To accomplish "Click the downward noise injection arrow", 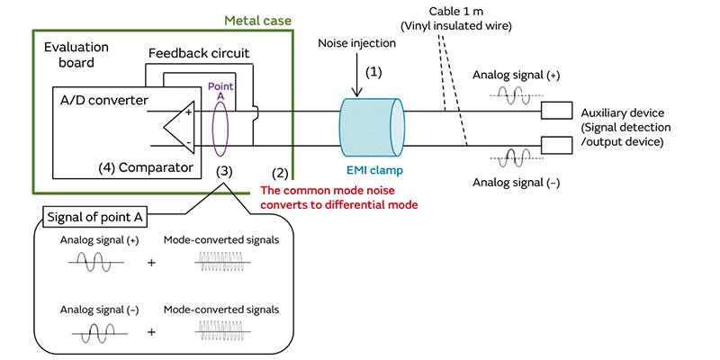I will pos(357,81).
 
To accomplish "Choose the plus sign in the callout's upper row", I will pos(151,263).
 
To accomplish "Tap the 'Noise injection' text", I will pos(357,43).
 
